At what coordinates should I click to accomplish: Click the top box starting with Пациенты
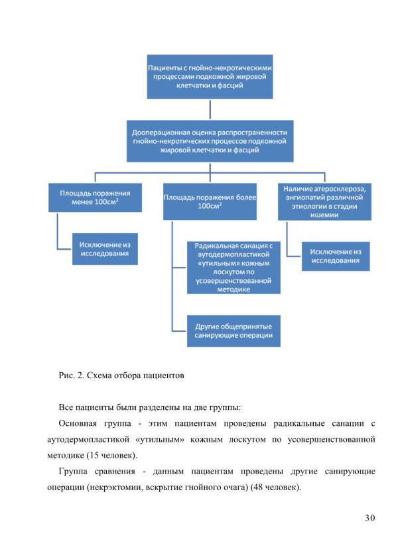(210, 77)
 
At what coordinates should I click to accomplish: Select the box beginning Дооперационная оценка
(210, 141)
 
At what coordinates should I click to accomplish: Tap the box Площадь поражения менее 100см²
(95, 197)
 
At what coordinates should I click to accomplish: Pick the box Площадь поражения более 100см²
(210, 201)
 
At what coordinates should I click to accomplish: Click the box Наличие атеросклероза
(324, 201)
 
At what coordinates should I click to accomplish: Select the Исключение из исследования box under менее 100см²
(105, 249)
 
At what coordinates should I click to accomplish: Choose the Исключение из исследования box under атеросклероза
(336, 256)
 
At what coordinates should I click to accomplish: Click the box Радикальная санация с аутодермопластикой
(234, 268)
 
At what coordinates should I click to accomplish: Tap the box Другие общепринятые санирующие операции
(234, 330)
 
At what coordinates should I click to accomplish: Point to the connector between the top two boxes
(210, 109)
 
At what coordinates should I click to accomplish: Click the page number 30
(370, 518)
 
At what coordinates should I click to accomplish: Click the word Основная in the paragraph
(78, 423)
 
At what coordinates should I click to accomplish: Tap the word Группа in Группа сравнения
(73, 472)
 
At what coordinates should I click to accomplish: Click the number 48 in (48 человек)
(258, 487)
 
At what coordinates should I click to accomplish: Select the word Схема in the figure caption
(99, 376)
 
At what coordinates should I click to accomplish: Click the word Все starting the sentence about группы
(66, 407)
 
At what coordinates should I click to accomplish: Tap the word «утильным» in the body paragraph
(160, 439)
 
